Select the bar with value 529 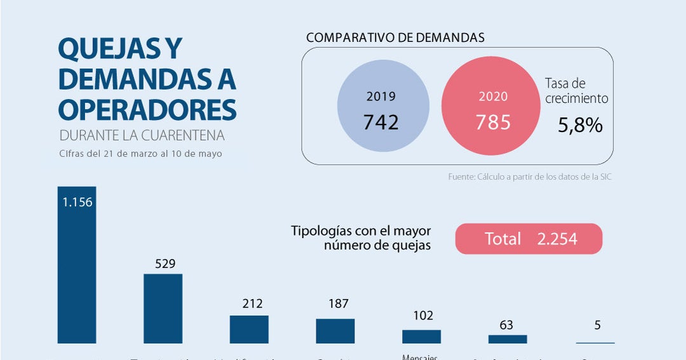coord(163,309)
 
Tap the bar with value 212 coord(249,330)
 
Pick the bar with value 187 coord(335,331)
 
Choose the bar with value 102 coord(421,337)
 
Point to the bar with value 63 coord(508,339)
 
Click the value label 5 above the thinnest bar coord(597,326)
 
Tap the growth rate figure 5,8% coord(579,125)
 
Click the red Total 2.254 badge coord(528,239)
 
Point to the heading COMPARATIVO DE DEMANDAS coord(395,37)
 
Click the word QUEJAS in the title coord(102,49)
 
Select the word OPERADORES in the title coord(147,109)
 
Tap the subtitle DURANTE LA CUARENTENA coord(142,136)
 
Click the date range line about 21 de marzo coord(140,154)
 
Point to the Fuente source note coord(530,177)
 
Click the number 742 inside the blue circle coord(381,122)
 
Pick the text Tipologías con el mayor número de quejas coord(361,238)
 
